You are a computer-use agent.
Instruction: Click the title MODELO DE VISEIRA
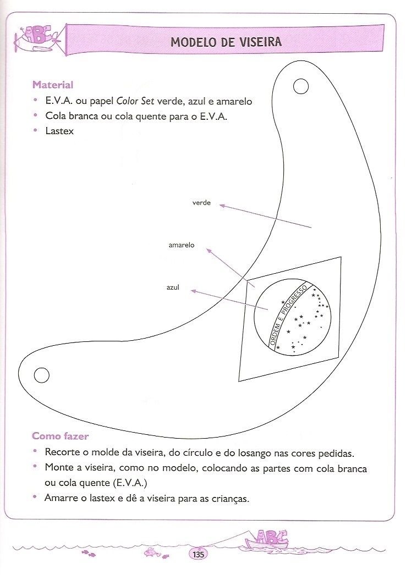(226, 42)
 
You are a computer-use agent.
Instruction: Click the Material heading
(52, 85)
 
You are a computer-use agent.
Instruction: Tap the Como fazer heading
(61, 436)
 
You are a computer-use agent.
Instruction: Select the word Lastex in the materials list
(59, 131)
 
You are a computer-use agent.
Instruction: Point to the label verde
(201, 203)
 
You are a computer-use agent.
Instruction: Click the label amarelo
(181, 245)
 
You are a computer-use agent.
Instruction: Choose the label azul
(173, 287)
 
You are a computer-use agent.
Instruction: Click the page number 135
(199, 554)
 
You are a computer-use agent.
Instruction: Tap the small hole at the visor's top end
(301, 86)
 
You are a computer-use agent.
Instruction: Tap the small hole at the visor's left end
(41, 375)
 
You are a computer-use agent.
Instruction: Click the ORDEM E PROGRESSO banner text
(287, 317)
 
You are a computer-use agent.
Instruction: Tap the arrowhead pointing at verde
(222, 206)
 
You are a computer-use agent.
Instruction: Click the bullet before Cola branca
(35, 116)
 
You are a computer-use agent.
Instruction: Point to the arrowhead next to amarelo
(209, 250)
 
